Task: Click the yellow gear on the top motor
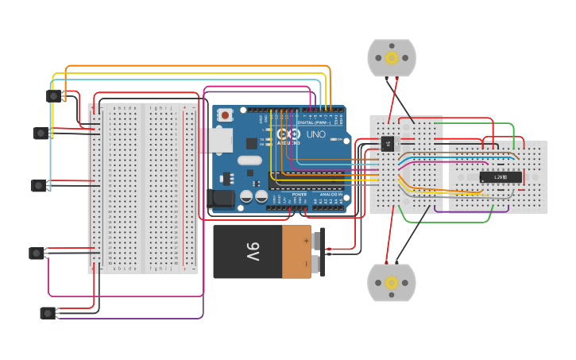(x=391, y=57)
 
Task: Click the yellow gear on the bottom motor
(x=391, y=282)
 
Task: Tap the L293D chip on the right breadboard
(x=501, y=176)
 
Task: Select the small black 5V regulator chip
(x=388, y=143)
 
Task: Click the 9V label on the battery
(x=253, y=252)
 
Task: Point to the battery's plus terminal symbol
(x=306, y=239)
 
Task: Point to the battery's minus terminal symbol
(x=306, y=263)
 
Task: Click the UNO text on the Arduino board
(x=315, y=134)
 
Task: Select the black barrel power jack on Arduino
(x=221, y=199)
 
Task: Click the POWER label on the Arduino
(x=300, y=194)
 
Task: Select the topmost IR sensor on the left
(x=53, y=95)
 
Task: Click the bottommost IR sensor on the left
(x=48, y=312)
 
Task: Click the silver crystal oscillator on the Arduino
(x=249, y=160)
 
